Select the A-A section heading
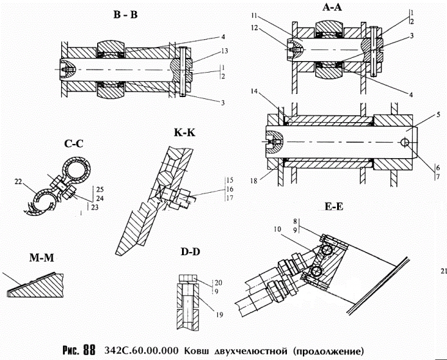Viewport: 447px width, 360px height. pyautogui.click(x=334, y=7)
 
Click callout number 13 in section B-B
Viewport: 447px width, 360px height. pyautogui.click(x=203, y=51)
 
